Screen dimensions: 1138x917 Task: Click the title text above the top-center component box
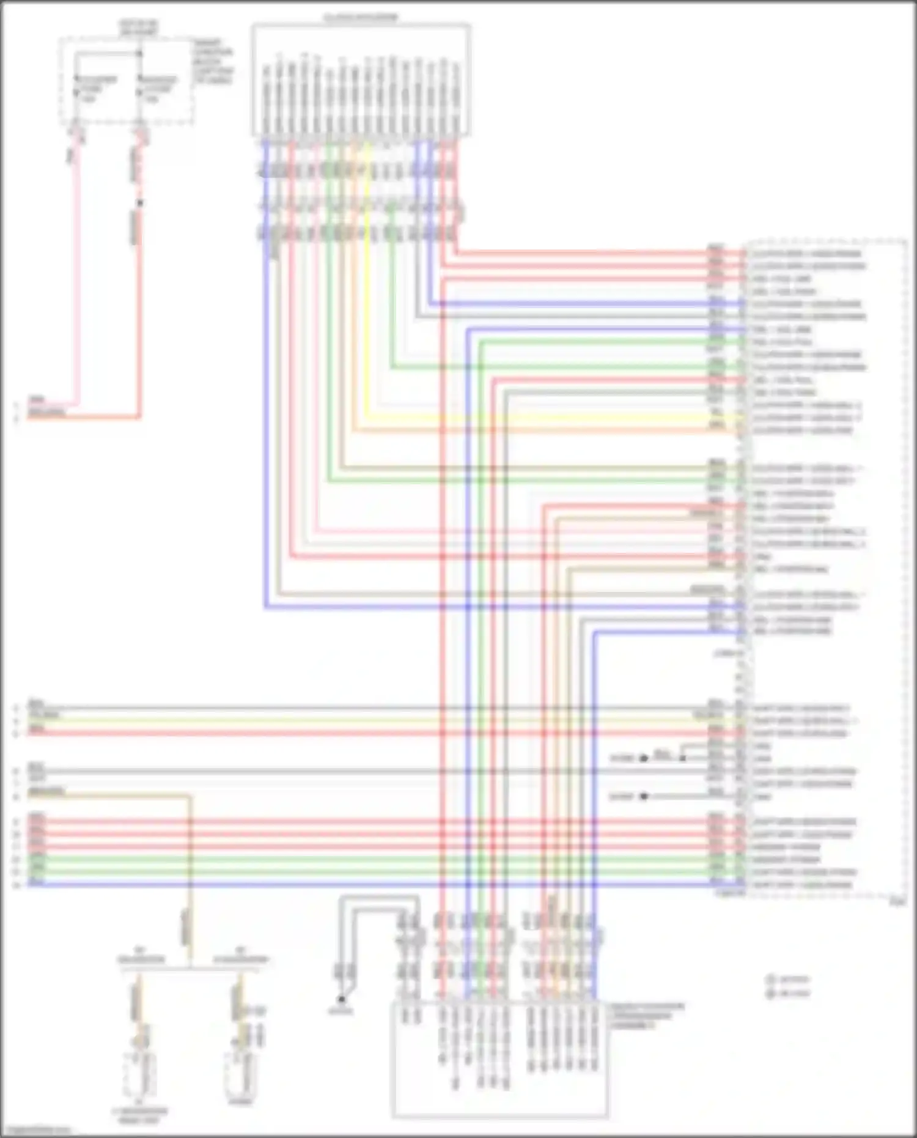tap(361, 17)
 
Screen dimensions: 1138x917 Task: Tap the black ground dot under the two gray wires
tap(342, 999)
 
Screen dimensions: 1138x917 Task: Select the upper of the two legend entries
tap(789, 980)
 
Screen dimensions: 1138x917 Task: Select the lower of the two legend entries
tap(789, 994)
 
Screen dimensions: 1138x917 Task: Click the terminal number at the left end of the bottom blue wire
tap(17, 885)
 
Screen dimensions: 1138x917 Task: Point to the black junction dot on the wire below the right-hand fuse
tap(139, 202)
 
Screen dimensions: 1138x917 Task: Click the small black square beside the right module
tap(683, 758)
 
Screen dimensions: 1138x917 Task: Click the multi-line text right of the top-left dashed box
tap(213, 61)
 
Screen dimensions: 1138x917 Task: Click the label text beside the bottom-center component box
tap(647, 1016)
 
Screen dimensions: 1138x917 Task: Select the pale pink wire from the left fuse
tap(77, 275)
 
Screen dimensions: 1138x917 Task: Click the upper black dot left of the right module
tap(643, 758)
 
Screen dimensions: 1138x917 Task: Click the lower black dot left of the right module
tap(643, 797)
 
